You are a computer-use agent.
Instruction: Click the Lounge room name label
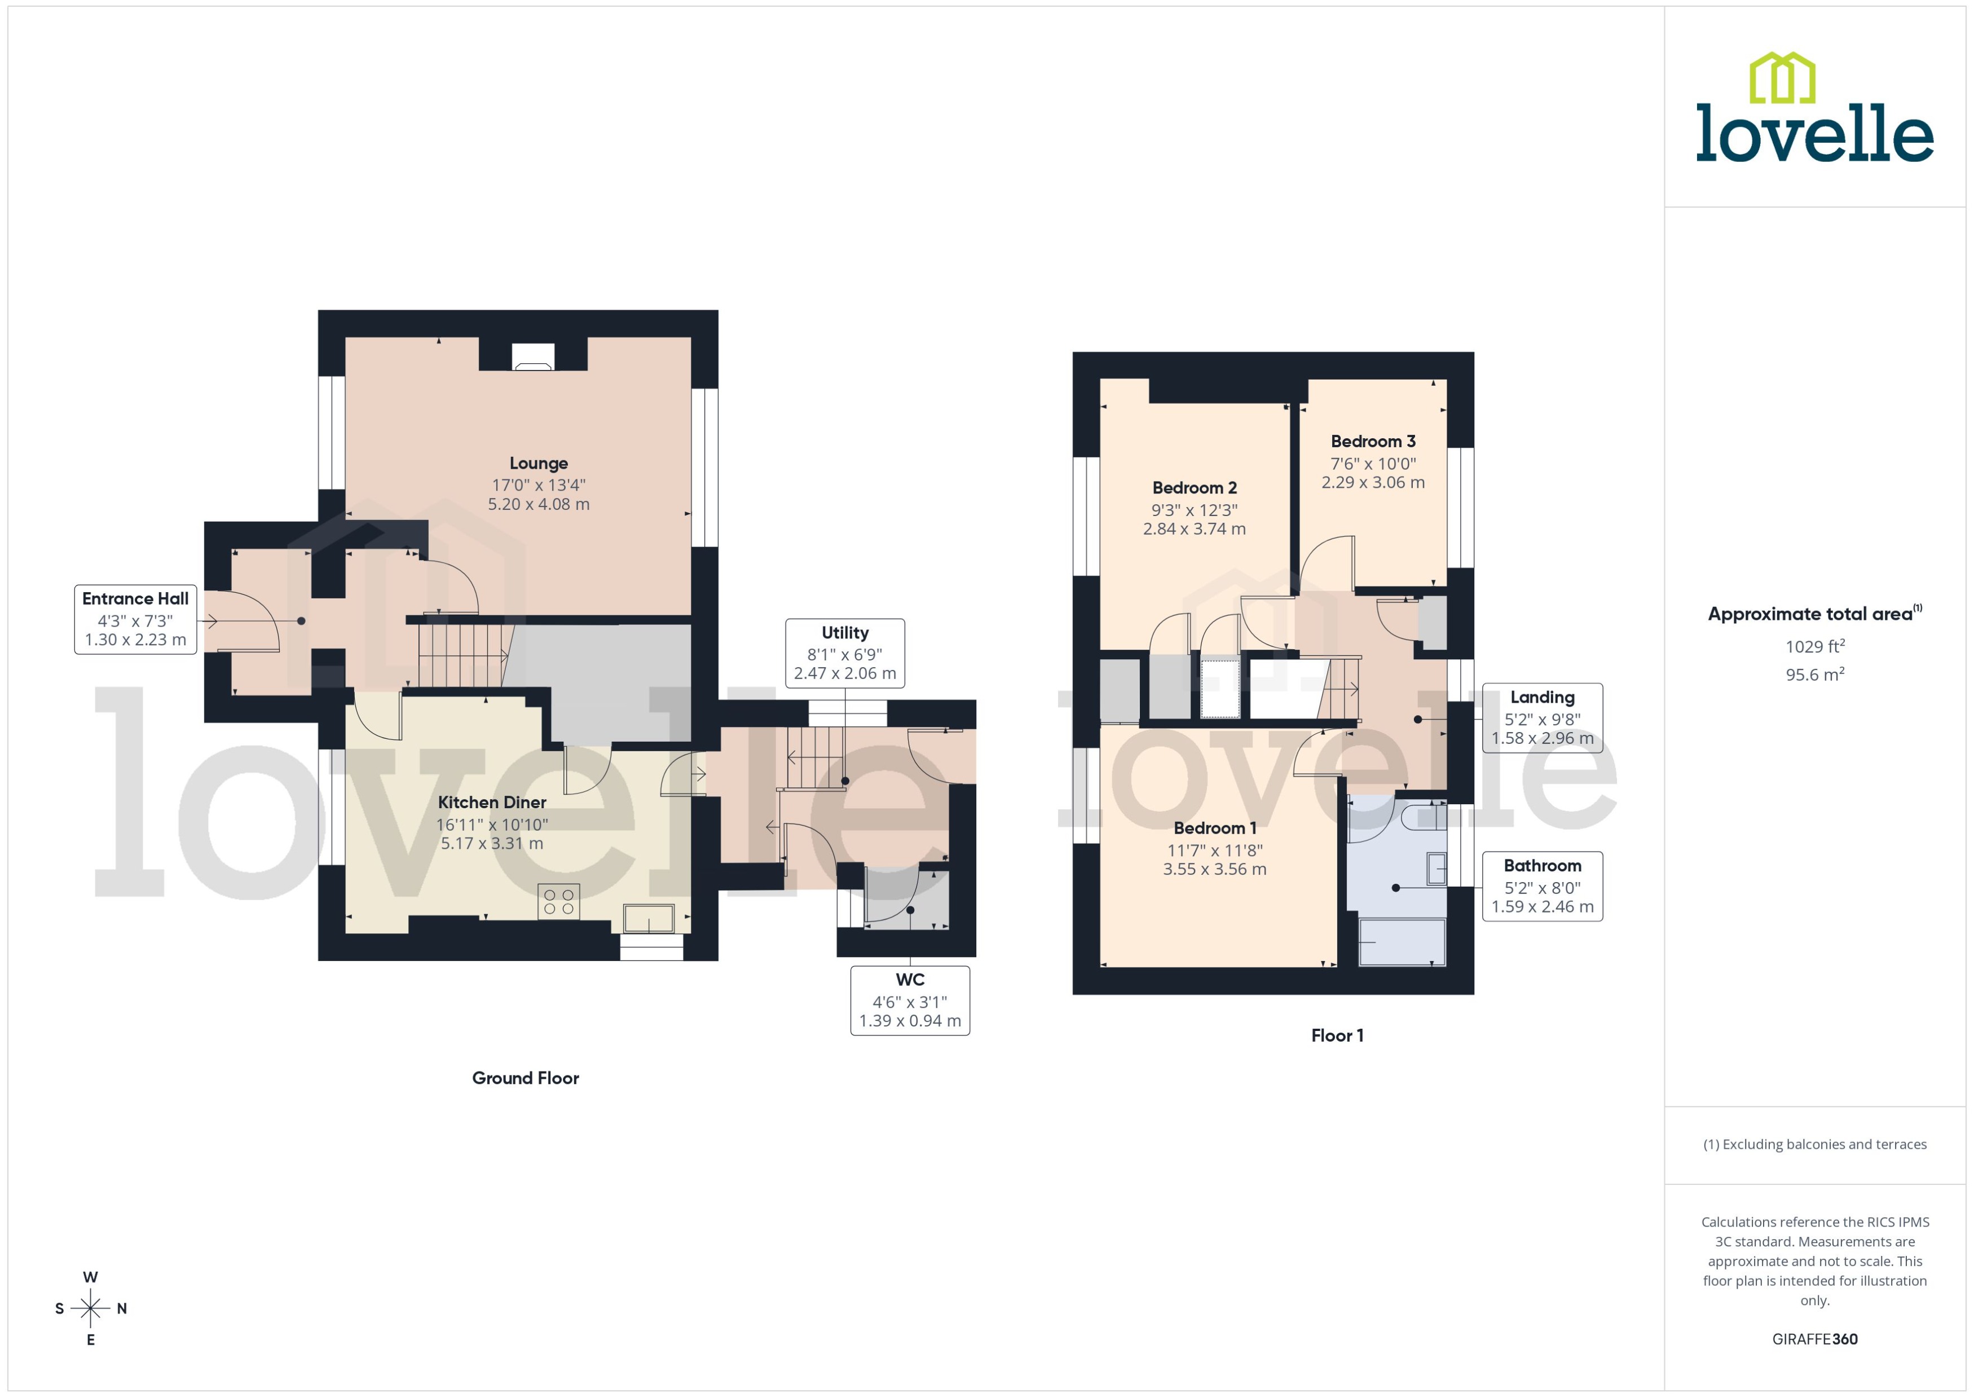[539, 464]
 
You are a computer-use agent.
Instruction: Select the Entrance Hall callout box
[135, 619]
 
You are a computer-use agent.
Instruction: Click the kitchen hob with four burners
[558, 901]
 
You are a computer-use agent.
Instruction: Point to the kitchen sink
[649, 918]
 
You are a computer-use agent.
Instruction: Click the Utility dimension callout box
[845, 653]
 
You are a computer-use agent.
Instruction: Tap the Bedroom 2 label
[1194, 488]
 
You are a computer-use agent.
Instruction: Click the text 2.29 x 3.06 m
[1373, 483]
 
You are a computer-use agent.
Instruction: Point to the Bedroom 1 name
[1214, 827]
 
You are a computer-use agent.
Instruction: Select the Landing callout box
[1542, 717]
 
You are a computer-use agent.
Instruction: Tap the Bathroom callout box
[1542, 886]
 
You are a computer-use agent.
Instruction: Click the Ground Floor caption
[526, 1078]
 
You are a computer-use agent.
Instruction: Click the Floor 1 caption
[1337, 1035]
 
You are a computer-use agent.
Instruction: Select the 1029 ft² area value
[1815, 646]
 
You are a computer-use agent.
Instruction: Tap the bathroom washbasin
[1437, 868]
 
